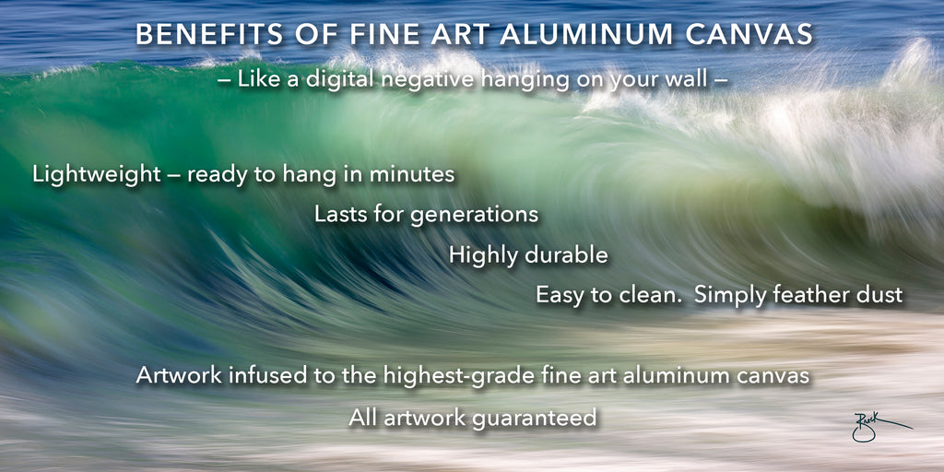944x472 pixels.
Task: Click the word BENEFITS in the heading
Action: click(210, 35)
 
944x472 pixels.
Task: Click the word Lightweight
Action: click(97, 174)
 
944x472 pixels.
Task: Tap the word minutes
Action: click(412, 174)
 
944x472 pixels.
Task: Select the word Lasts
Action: click(339, 215)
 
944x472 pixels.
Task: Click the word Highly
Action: click(484, 256)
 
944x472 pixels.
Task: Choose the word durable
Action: click(566, 255)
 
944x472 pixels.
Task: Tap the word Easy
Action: click(558, 296)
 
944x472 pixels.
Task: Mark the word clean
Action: click(652, 295)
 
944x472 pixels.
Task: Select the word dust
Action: click(877, 295)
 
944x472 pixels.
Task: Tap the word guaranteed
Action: click(534, 419)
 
